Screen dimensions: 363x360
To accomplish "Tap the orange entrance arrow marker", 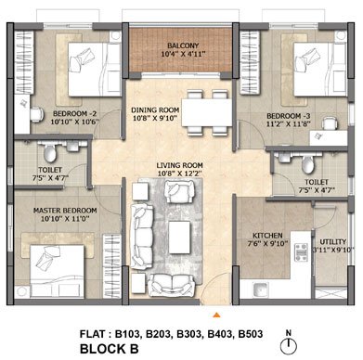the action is (217, 315).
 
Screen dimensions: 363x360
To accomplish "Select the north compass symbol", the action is (289, 342).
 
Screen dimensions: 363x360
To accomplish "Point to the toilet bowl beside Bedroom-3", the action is (307, 164).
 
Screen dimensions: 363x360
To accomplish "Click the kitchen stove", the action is (300, 252).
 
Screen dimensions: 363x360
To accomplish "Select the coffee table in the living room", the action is (179, 238).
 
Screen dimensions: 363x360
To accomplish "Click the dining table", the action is (207, 112).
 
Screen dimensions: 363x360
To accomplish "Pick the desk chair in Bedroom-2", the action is (36, 114).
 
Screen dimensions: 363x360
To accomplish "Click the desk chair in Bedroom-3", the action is (328, 123).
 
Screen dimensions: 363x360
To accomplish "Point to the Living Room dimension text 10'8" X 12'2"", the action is (180, 174).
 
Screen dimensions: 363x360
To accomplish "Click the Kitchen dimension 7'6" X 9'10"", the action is (268, 243).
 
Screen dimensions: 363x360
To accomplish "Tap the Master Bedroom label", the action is (65, 211).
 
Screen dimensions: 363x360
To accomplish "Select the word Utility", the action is (332, 242).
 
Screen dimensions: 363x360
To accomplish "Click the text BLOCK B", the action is (110, 349).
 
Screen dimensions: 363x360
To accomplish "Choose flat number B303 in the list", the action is (189, 334).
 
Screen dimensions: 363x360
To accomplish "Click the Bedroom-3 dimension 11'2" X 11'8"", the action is (289, 124).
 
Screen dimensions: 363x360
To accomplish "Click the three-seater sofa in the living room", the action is (142, 237).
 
